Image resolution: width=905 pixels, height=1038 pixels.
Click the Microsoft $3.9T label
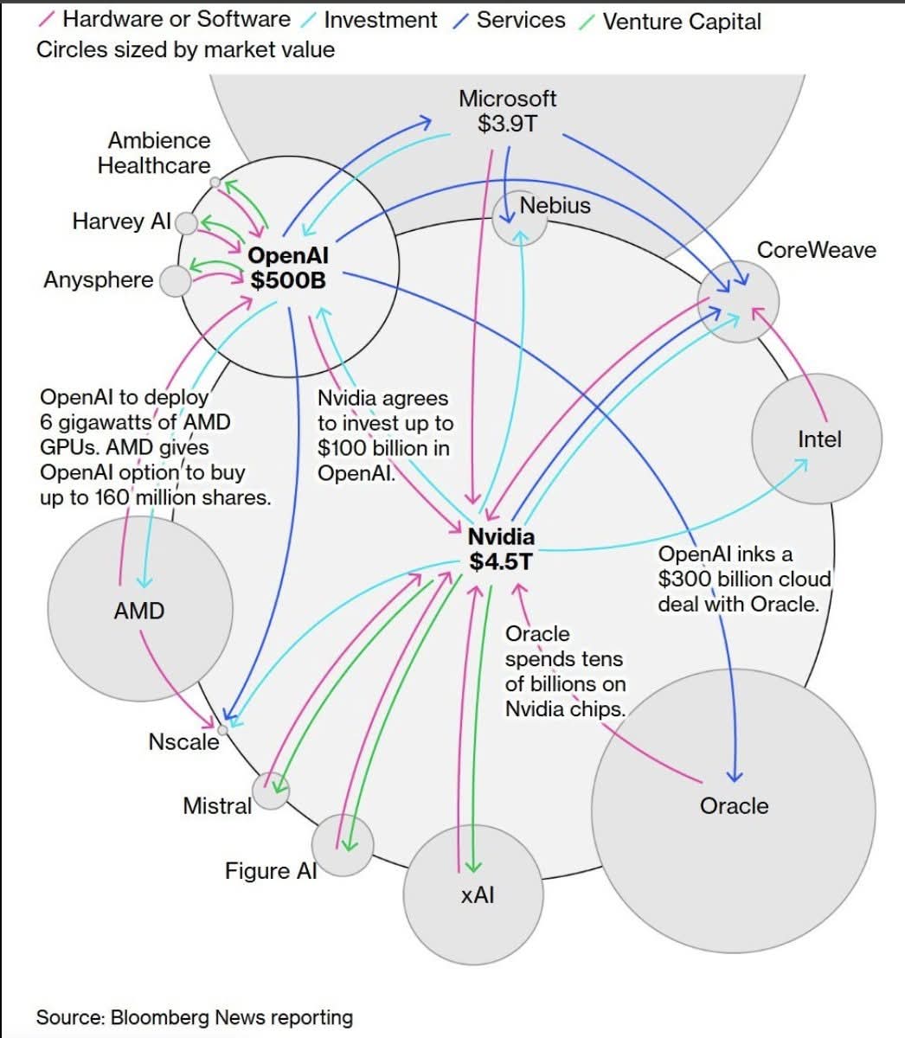[507, 111]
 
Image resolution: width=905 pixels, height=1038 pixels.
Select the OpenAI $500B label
[288, 267]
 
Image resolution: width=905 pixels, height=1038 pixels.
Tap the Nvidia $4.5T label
[501, 548]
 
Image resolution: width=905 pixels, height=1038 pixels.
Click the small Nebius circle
[519, 217]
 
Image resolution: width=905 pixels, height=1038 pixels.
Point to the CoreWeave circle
[738, 302]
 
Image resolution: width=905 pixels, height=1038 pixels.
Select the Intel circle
[816, 439]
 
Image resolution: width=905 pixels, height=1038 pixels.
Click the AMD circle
[139, 610]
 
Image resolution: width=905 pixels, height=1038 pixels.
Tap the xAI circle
[474, 894]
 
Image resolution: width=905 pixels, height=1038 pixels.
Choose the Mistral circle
[271, 791]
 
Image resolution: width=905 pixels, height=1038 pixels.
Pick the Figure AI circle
[342, 845]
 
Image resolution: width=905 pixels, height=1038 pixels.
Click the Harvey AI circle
[186, 223]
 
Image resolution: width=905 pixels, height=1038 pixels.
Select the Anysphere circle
[176, 281]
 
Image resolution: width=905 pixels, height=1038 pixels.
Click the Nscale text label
[183, 741]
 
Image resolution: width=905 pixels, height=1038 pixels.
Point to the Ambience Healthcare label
[154, 153]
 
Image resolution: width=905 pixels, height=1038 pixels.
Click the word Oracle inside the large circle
[734, 805]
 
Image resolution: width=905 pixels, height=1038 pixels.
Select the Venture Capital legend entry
[681, 21]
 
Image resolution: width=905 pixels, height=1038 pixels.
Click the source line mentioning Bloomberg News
[195, 1016]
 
